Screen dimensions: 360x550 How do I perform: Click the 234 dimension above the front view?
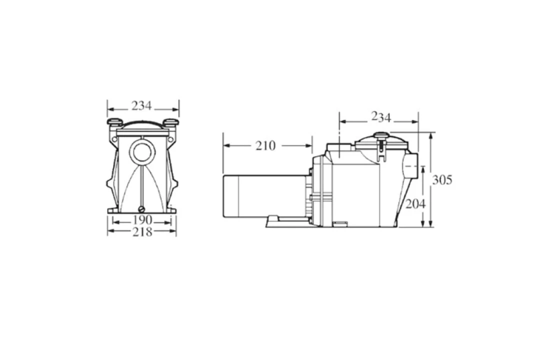(141, 106)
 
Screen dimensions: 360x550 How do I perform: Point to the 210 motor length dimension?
(265, 145)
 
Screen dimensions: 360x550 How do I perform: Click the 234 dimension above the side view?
(381, 117)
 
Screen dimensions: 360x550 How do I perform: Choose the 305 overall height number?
(442, 180)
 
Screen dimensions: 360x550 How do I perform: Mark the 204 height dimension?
(415, 204)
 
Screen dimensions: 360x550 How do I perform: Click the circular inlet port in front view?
(142, 150)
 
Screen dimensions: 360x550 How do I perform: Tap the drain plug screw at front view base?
(142, 208)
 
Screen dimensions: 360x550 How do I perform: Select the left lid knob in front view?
(114, 121)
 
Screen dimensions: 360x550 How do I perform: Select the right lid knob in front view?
(170, 121)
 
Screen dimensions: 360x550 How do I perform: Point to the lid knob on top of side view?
(382, 135)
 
